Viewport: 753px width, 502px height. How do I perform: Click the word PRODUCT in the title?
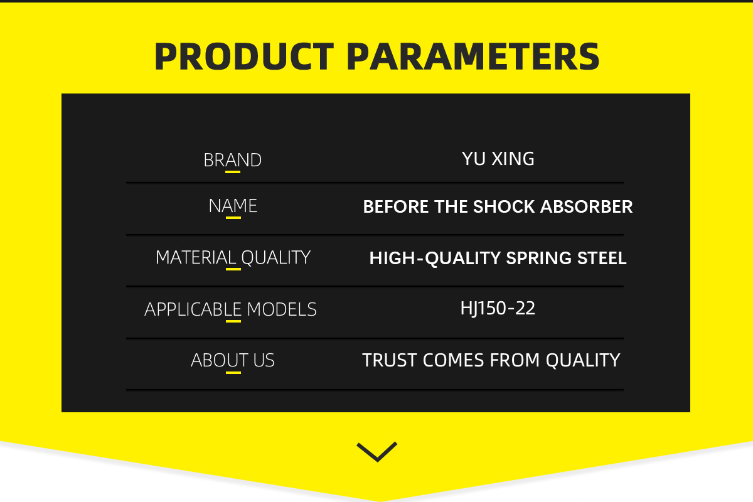244,56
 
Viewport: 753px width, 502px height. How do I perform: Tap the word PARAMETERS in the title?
473,56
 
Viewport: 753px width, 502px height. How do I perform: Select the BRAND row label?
233,160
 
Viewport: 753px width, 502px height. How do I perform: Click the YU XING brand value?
498,159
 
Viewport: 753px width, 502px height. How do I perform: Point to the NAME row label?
233,206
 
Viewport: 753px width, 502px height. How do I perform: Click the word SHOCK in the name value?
504,206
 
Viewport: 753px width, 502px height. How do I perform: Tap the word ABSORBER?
586,206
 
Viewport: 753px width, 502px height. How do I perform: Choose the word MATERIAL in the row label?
196,257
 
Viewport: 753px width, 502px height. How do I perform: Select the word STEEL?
602,259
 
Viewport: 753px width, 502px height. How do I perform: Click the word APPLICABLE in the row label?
193,309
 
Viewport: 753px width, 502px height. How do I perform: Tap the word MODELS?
282,309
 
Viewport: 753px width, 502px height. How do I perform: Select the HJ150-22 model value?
498,309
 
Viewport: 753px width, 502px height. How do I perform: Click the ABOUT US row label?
233,360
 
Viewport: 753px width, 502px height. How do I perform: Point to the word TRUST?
390,360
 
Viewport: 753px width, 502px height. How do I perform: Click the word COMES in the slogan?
454,360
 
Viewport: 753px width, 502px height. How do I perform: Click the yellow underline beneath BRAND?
233,172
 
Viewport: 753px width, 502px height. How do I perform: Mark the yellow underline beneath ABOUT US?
233,373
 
